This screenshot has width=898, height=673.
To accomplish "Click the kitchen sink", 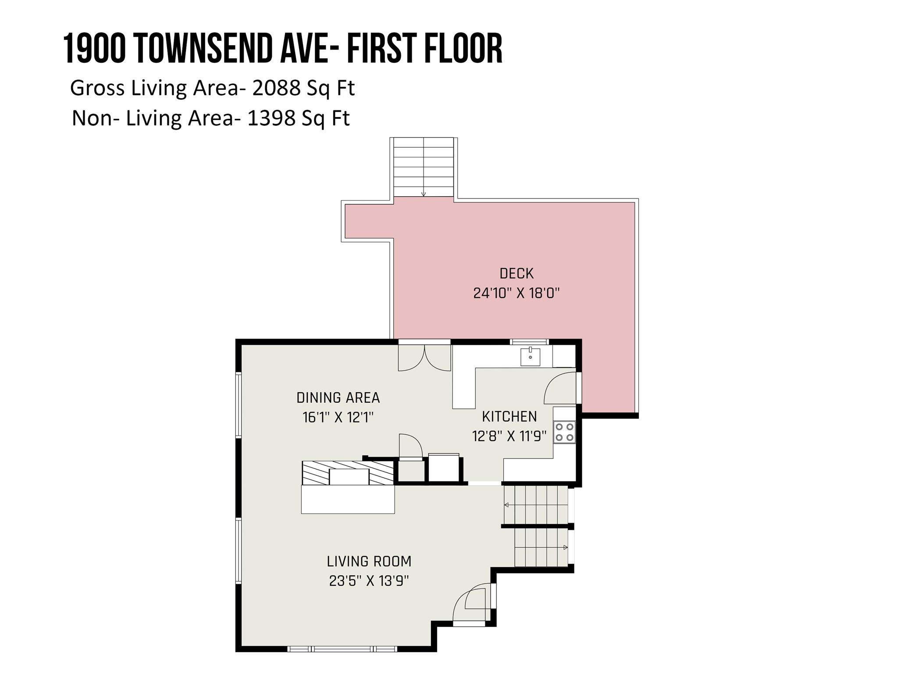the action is pyautogui.click(x=530, y=356).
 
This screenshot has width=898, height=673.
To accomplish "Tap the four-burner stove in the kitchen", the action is pyautogui.click(x=564, y=432).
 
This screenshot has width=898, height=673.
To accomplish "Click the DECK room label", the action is pyautogui.click(x=517, y=273).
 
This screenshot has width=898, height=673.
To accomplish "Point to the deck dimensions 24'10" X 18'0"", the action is pyautogui.click(x=517, y=293).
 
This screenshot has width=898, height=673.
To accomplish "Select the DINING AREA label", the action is pyautogui.click(x=338, y=398).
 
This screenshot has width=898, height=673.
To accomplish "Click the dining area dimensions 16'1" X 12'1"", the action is pyautogui.click(x=338, y=417).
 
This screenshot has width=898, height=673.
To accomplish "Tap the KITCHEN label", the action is pyautogui.click(x=509, y=416).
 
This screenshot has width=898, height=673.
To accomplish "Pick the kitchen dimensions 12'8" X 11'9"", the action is pyautogui.click(x=509, y=436).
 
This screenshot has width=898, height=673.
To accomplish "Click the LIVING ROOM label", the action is pyautogui.click(x=369, y=561).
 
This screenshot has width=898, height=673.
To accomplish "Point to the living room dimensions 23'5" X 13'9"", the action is pyautogui.click(x=369, y=581).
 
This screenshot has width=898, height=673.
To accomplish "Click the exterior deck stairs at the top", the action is pyautogui.click(x=423, y=167).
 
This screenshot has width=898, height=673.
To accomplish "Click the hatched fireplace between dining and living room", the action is pyautogui.click(x=348, y=473).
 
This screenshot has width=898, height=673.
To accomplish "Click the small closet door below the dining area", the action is pyautogui.click(x=410, y=446).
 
